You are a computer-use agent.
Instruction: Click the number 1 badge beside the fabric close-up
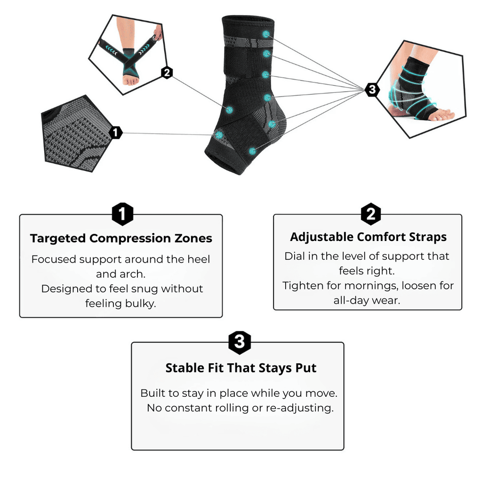pyautogui.click(x=116, y=133)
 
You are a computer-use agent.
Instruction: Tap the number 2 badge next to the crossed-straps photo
pyautogui.click(x=167, y=73)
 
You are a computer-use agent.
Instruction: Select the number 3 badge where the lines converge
pyautogui.click(x=372, y=89)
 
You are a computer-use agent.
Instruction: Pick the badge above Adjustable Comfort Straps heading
pyautogui.click(x=370, y=215)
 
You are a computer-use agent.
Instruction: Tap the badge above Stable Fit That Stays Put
pyautogui.click(x=239, y=342)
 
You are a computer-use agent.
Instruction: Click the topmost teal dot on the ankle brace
pyautogui.click(x=266, y=34)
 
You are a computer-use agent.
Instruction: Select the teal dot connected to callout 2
pyautogui.click(x=229, y=110)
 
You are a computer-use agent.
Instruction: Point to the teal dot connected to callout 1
pyautogui.click(x=219, y=135)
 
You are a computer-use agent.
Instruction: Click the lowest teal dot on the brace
pyautogui.click(x=253, y=151)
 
